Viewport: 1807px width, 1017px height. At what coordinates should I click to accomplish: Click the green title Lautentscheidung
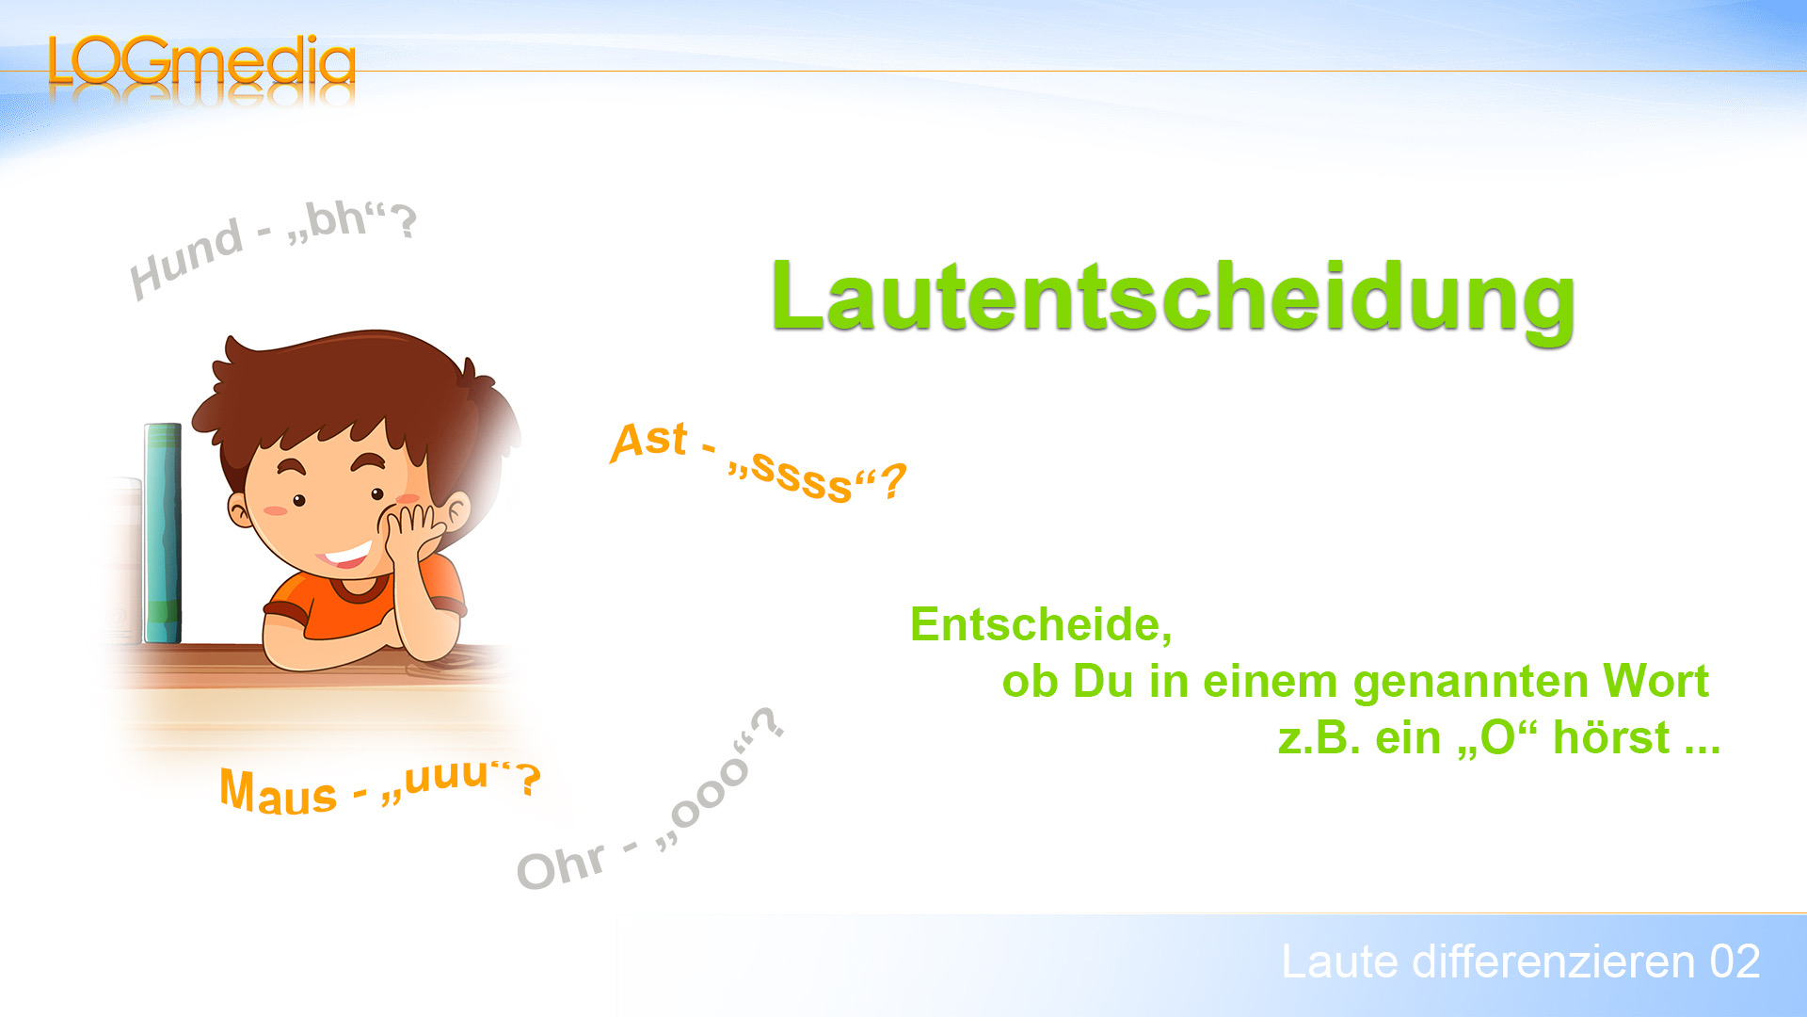pyautogui.click(x=1173, y=298)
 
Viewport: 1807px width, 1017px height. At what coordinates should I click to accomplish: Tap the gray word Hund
pyautogui.click(x=186, y=258)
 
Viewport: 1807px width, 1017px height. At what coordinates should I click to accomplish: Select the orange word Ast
pyautogui.click(x=649, y=441)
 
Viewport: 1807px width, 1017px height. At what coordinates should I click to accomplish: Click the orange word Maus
pyautogui.click(x=278, y=793)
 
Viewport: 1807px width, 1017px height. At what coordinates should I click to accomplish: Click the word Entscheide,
pyautogui.click(x=1041, y=624)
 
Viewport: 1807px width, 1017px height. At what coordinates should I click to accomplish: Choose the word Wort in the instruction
pyautogui.click(x=1655, y=681)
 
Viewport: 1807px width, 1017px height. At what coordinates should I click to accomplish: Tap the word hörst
pyautogui.click(x=1611, y=737)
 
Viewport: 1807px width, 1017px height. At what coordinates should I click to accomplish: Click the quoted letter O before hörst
pyautogui.click(x=1497, y=738)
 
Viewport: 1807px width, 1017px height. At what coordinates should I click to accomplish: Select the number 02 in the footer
pyautogui.click(x=1735, y=962)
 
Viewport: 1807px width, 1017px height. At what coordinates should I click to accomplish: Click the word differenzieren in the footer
pyautogui.click(x=1554, y=962)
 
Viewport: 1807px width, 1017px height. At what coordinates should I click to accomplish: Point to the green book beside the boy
pyautogui.click(x=163, y=533)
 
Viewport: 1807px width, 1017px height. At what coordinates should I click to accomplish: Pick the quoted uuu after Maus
pyautogui.click(x=446, y=776)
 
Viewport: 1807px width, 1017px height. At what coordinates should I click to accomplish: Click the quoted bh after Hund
pyautogui.click(x=336, y=220)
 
